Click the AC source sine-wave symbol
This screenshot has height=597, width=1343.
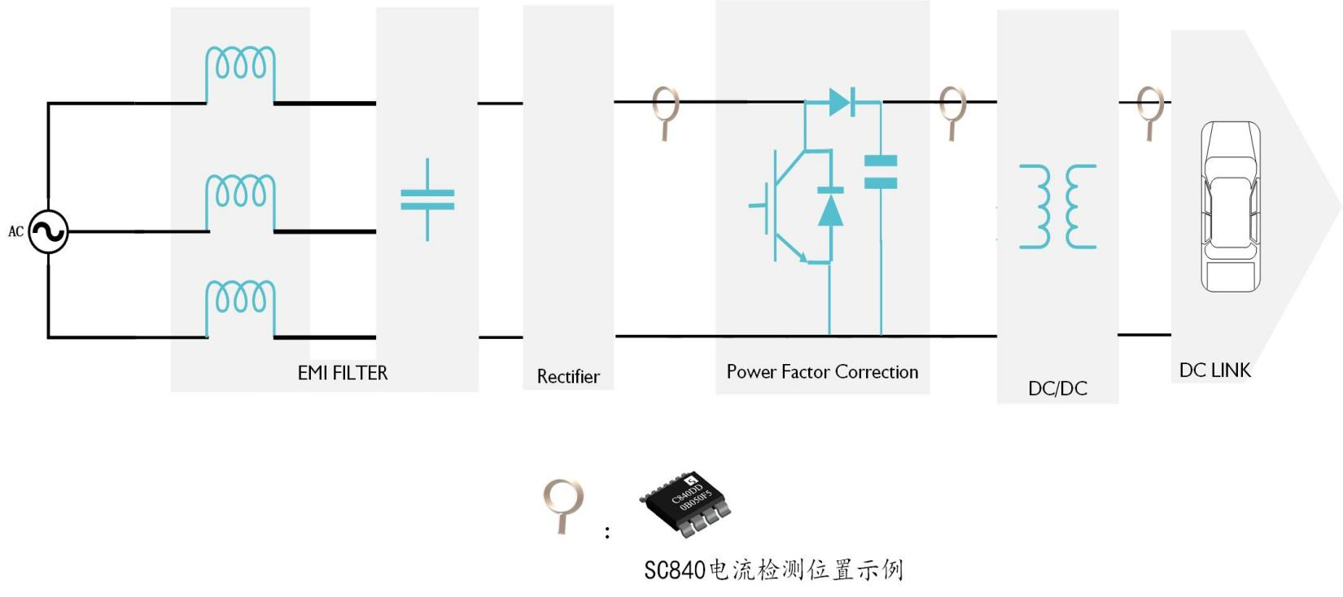(x=49, y=231)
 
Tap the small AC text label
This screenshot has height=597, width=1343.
(x=15, y=231)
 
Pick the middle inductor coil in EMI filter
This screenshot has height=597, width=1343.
(x=240, y=202)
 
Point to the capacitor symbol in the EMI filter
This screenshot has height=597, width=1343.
(x=427, y=200)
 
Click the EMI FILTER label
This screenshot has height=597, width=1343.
(x=343, y=373)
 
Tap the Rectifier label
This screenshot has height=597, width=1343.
(x=568, y=377)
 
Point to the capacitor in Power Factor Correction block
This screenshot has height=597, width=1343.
(x=881, y=173)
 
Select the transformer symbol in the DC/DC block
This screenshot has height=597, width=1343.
(x=1058, y=206)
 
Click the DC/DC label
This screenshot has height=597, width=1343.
(x=1057, y=388)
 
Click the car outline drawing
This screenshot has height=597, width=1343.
(x=1231, y=206)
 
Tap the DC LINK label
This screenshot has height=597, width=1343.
(x=1214, y=371)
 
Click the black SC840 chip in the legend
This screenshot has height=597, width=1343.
(x=685, y=503)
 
